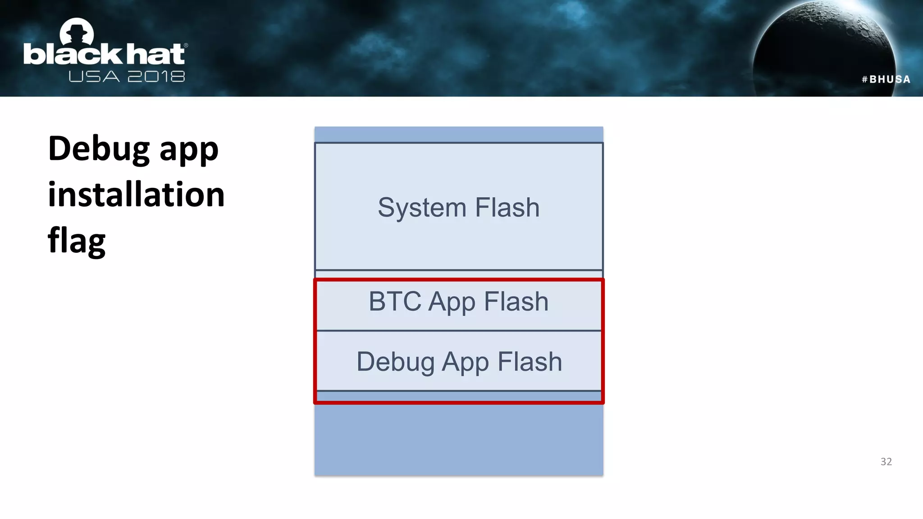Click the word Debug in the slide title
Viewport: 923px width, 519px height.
point(99,149)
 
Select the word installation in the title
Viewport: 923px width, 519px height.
point(136,195)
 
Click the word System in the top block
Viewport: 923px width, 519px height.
point(422,208)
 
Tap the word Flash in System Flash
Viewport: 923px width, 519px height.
point(507,208)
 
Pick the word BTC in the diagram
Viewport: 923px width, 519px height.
point(395,301)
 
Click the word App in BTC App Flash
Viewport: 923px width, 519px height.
point(452,302)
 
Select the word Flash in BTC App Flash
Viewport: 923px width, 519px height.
point(516,301)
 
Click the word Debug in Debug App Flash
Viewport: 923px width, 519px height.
point(395,362)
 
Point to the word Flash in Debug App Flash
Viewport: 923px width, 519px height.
point(530,362)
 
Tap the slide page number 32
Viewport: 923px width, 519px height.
point(886,461)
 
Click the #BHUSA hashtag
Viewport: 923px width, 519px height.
point(886,79)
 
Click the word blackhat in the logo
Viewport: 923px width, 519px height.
point(104,55)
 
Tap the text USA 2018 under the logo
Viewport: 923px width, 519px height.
point(127,77)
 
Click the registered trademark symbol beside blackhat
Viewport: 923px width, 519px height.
point(186,46)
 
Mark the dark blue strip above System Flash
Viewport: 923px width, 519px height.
point(459,134)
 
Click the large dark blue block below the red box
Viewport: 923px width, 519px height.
point(459,439)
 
